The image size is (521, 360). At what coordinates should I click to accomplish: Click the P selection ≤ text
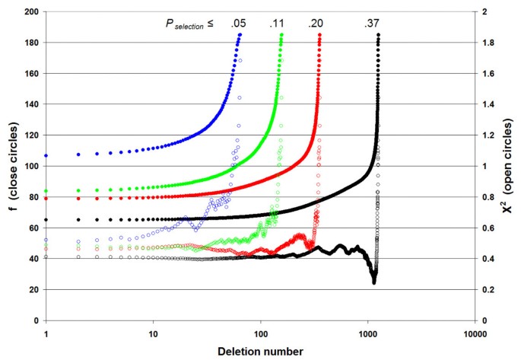tap(186, 24)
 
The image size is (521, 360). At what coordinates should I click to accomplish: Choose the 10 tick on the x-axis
tap(153, 333)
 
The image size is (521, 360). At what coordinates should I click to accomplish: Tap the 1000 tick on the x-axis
tap(368, 333)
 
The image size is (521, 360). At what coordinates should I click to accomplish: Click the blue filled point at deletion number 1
tap(46, 155)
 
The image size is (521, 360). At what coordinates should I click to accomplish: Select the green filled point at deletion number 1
tap(46, 191)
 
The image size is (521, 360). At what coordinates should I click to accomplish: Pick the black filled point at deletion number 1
tap(46, 220)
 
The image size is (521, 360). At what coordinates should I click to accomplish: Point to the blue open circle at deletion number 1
tap(46, 240)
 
